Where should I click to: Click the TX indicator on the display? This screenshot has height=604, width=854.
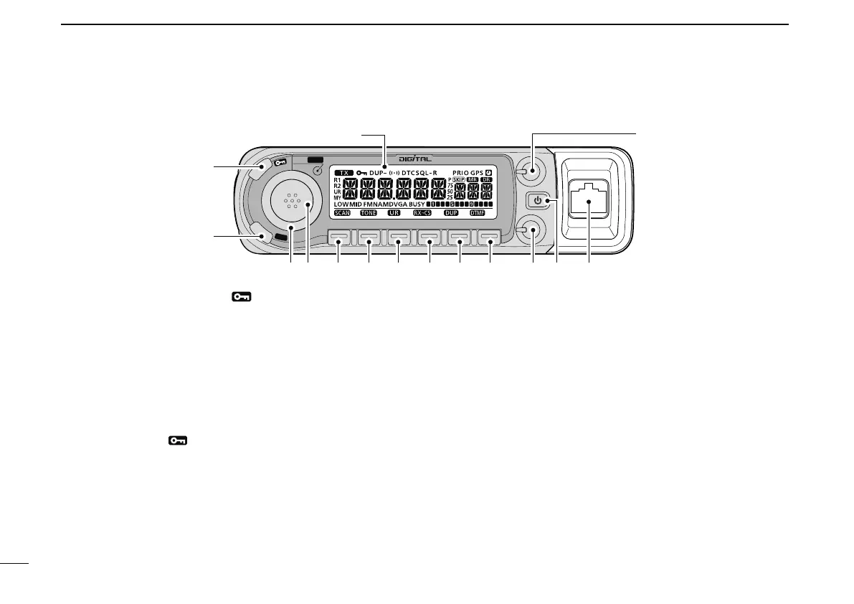coord(343,173)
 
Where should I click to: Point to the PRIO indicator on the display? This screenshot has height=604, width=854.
coord(460,173)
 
